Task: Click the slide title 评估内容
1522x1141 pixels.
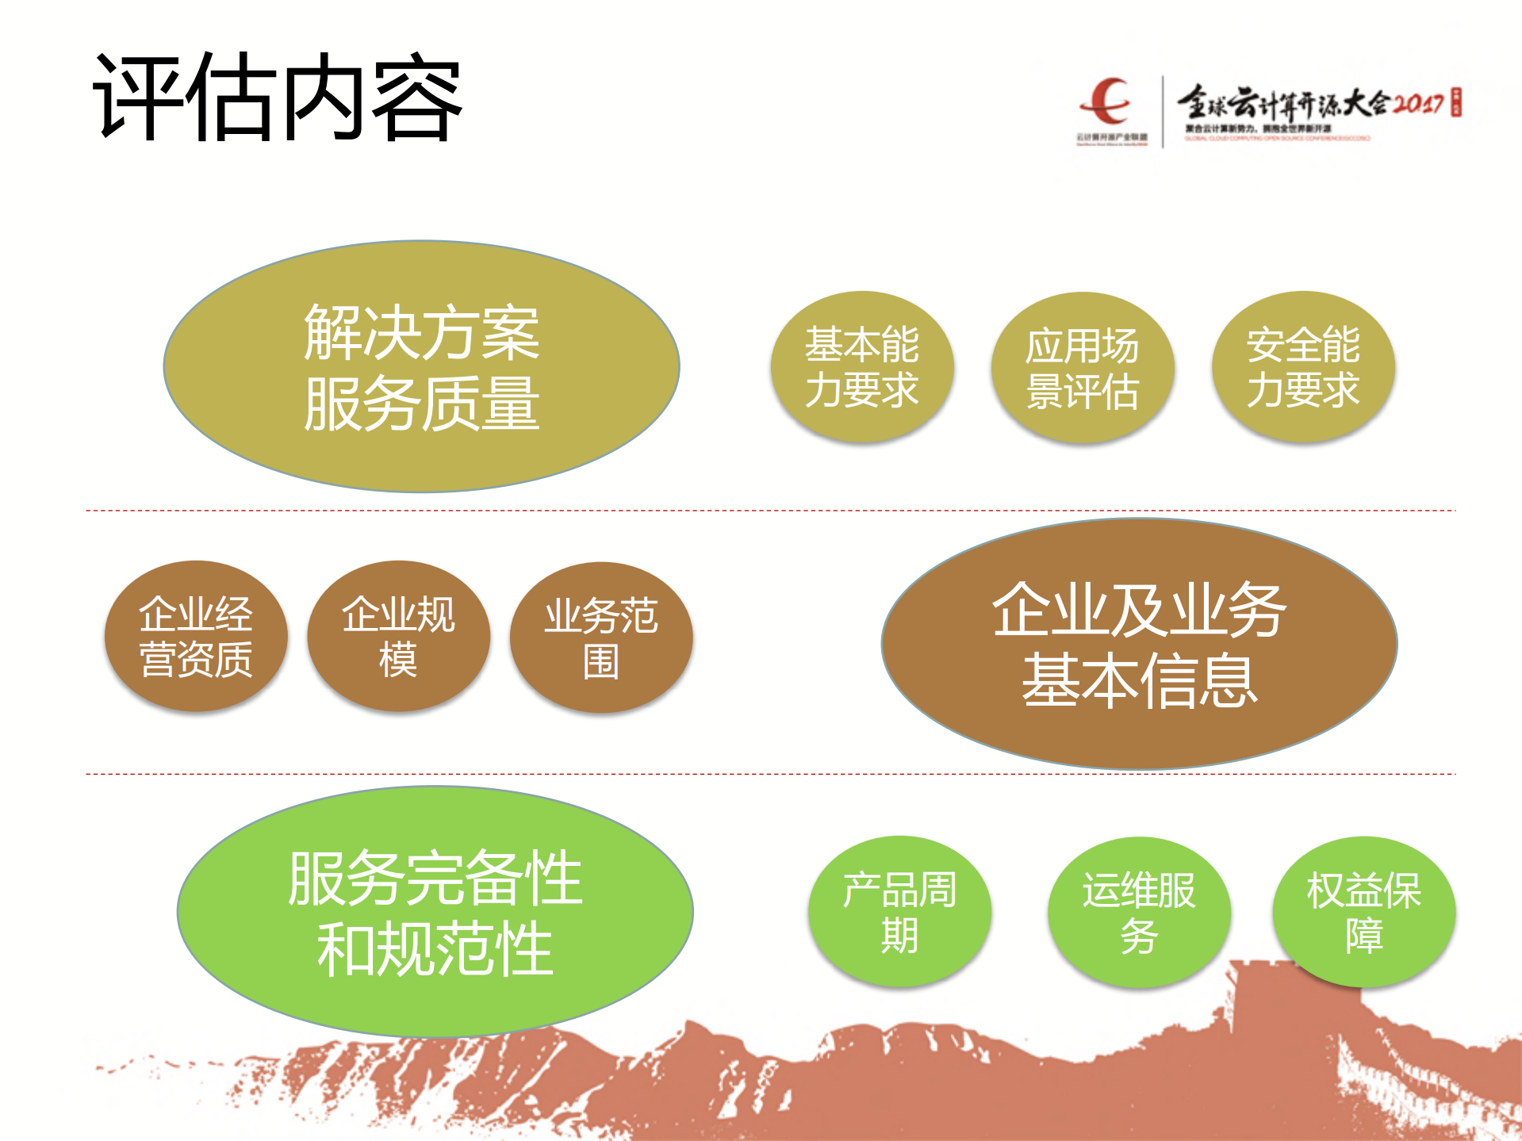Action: tap(278, 98)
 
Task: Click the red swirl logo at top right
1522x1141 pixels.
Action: tap(1107, 101)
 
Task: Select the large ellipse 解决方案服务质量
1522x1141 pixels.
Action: tap(421, 366)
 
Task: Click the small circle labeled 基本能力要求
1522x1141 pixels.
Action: tap(862, 366)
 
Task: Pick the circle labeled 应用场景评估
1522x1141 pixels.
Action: tap(1082, 367)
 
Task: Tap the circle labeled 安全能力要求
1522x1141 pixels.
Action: tap(1302, 366)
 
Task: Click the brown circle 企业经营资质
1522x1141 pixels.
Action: tap(196, 636)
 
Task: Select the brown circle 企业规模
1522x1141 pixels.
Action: tap(398, 636)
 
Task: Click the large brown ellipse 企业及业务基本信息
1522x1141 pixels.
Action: tap(1139, 644)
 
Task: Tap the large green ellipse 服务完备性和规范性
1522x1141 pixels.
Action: tap(435, 912)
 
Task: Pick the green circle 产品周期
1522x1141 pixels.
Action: tap(899, 911)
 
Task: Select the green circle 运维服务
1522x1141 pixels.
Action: tap(1139, 912)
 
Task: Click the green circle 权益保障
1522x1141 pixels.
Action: tap(1363, 911)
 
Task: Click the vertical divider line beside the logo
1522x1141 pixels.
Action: tap(1163, 111)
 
